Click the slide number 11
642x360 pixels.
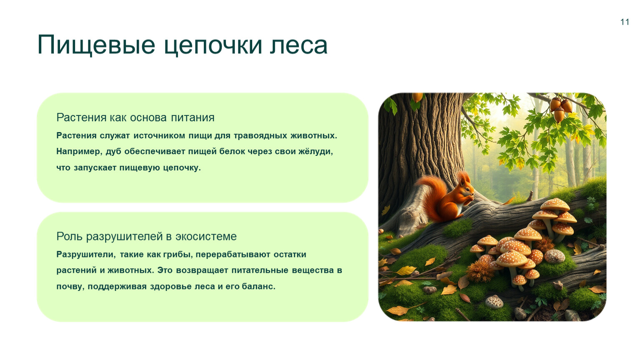(625, 22)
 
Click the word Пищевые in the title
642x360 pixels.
(96, 45)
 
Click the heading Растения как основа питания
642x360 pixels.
(135, 117)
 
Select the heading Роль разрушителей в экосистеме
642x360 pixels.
(146, 236)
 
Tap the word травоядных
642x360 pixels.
(260, 135)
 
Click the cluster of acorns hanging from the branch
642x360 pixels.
(560, 109)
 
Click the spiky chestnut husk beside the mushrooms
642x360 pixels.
(480, 271)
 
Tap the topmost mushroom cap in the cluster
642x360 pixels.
(555, 204)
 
